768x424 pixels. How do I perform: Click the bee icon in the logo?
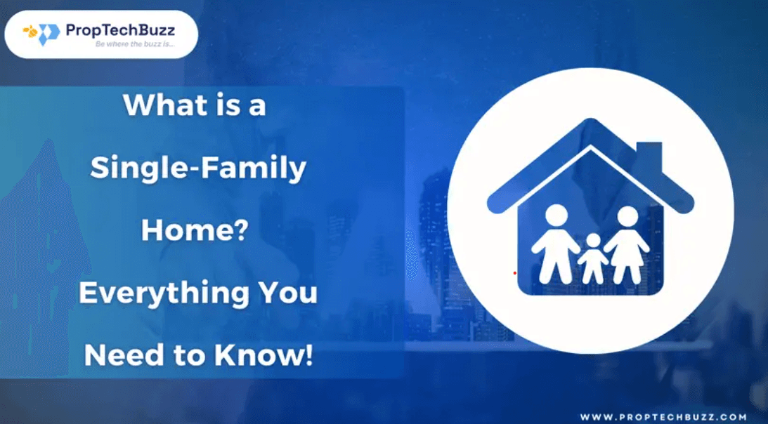coord(30,32)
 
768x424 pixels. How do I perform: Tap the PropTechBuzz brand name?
coord(120,30)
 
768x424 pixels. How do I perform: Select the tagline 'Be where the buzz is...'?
coord(135,44)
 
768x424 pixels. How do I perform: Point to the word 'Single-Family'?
coord(198,168)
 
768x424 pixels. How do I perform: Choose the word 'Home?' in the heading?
coord(195,230)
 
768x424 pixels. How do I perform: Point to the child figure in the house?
coord(593,258)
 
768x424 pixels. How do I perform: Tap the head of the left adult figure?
coord(556,216)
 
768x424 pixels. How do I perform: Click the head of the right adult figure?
coord(628,217)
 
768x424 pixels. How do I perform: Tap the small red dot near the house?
coord(514,272)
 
